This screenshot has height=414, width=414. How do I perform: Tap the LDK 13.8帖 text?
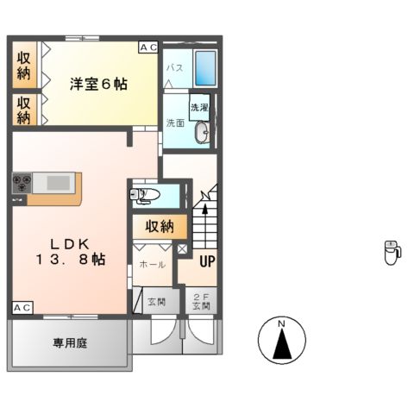pyautogui.click(x=71, y=251)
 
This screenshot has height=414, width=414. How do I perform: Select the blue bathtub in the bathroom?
pyautogui.click(x=205, y=65)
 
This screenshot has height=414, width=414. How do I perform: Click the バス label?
pyautogui.click(x=173, y=67)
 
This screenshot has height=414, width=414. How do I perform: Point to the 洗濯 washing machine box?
pyautogui.click(x=199, y=108)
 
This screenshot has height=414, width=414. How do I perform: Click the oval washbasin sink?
pyautogui.click(x=202, y=133)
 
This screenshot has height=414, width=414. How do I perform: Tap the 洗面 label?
pyautogui.click(x=174, y=123)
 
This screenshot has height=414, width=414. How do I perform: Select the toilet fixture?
pyautogui.click(x=147, y=195)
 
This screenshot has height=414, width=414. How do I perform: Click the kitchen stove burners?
pyautogui.click(x=22, y=183)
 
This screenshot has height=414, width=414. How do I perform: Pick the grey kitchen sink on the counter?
pyautogui.click(x=57, y=183)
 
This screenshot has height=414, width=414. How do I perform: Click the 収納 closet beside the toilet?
pyautogui.click(x=160, y=227)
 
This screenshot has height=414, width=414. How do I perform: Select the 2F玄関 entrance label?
pyautogui.click(x=201, y=301)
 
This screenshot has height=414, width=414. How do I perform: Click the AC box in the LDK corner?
pyautogui.click(x=22, y=308)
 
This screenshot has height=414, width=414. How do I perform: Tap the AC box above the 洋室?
pyautogui.click(x=147, y=47)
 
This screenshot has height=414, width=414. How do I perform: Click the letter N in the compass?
pyautogui.click(x=282, y=324)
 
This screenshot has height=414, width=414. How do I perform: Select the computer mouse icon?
pyautogui.click(x=392, y=252)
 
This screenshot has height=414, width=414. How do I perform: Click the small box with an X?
pyautogui.click(x=183, y=248)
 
